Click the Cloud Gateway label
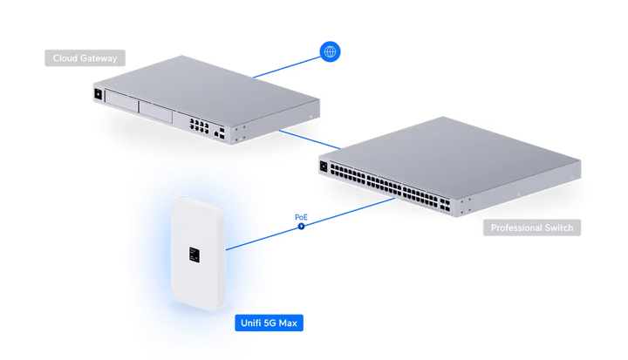click(x=84, y=59)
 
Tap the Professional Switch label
click(x=533, y=228)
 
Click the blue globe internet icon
click(x=330, y=51)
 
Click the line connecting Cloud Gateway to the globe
click(x=288, y=66)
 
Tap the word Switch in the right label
click(x=557, y=228)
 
